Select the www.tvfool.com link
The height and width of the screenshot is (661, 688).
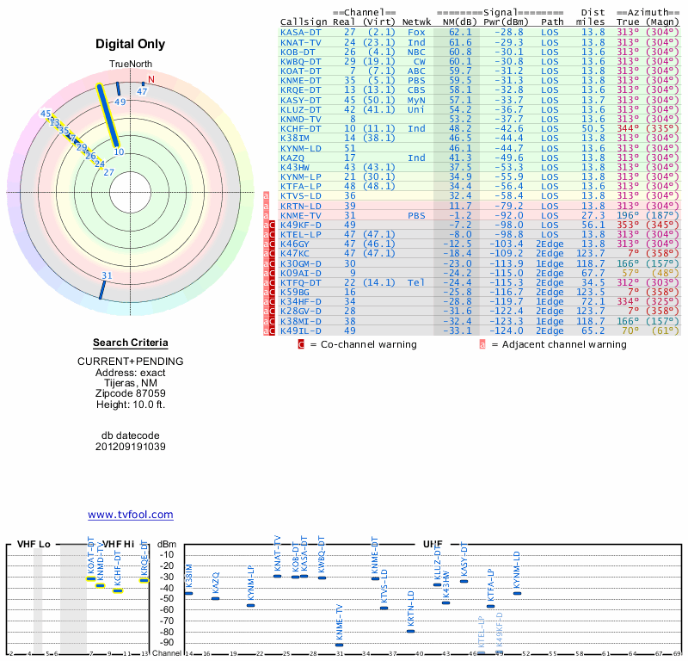pyautogui.click(x=130, y=515)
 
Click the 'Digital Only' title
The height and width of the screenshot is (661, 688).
pyautogui.click(x=130, y=44)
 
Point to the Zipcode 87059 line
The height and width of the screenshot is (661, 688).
pyautogui.click(x=130, y=392)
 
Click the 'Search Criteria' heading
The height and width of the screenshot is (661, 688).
pyautogui.click(x=130, y=343)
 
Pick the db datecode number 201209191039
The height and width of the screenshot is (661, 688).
pyautogui.click(x=130, y=447)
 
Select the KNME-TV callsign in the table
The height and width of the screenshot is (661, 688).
pyautogui.click(x=300, y=216)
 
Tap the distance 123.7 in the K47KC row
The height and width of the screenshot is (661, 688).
pyautogui.click(x=592, y=254)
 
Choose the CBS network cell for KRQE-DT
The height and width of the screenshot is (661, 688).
pyautogui.click(x=417, y=90)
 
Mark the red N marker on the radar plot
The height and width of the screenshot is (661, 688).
pyautogui.click(x=151, y=80)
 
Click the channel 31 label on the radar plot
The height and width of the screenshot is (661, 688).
pyautogui.click(x=107, y=275)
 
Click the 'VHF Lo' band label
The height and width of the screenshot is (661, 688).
pyautogui.click(x=33, y=544)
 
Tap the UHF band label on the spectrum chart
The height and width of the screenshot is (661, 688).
pyautogui.click(x=432, y=544)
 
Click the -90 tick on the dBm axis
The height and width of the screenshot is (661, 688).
pyautogui.click(x=168, y=642)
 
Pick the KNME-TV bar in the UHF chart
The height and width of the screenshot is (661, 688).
pyautogui.click(x=339, y=644)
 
